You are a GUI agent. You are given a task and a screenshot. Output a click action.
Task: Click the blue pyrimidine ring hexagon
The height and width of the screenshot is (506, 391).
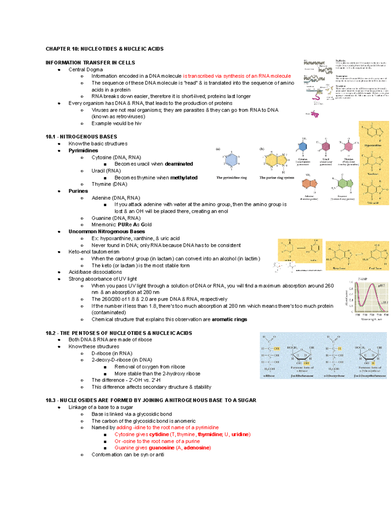[231, 160]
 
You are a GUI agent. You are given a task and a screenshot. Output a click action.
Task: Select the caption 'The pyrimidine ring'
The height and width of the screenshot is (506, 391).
[231, 178]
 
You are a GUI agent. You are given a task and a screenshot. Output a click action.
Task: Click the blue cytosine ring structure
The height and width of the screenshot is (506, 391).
[303, 147]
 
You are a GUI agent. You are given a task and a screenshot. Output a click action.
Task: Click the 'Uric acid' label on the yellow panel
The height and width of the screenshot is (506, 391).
[373, 203]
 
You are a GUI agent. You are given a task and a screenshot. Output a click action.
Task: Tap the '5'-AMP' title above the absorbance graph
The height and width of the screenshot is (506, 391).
[363, 279]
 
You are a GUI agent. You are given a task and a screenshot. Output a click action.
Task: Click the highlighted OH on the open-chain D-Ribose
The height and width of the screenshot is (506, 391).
[276, 349]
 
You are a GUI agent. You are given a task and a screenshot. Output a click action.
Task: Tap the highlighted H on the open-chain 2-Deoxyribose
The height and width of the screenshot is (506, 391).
[340, 349]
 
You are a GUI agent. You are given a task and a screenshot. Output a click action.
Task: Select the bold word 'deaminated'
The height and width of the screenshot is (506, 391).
[179, 164]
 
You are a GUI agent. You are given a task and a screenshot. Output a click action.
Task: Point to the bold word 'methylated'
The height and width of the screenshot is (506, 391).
[184, 178]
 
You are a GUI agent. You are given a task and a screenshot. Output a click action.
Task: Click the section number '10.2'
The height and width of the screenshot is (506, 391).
[51, 333]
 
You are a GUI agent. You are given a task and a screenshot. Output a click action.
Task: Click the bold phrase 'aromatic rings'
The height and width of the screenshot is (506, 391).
[229, 319]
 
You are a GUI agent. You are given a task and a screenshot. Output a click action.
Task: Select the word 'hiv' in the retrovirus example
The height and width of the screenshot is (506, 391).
[138, 123]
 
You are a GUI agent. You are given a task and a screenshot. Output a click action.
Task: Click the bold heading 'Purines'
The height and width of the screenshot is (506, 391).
[78, 191]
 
